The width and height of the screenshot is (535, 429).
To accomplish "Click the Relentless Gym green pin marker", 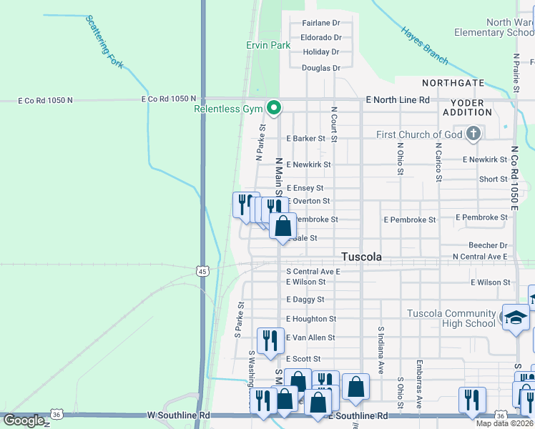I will pos(273,108).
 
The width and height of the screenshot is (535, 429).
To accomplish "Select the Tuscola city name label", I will pos(361,257).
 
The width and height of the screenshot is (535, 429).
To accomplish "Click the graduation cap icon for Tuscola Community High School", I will pos(516,318).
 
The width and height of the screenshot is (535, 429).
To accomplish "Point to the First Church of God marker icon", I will pos(473,134).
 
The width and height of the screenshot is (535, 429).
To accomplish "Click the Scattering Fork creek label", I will pos(104,42).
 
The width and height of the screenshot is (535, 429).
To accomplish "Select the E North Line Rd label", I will pos(397,100).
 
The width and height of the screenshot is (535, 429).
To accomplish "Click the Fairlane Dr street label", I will pos(321,23).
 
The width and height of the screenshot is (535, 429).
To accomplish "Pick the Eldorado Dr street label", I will pos(320,37).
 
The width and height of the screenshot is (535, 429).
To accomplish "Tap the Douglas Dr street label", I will pos(320,68).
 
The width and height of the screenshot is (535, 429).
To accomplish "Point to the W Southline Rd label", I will pos(179,415).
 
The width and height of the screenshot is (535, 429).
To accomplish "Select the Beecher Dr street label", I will pos(488,245).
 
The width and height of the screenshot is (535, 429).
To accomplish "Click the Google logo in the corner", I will pos(24,420).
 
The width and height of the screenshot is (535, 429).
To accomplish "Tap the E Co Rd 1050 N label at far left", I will pos(46,101).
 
